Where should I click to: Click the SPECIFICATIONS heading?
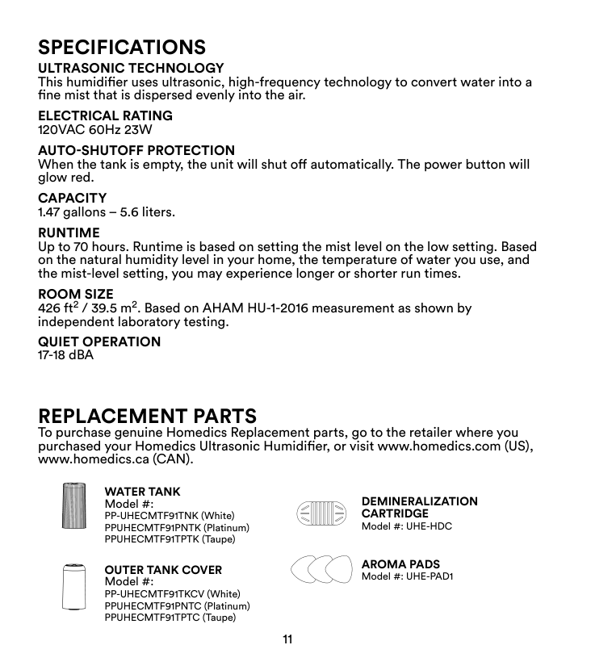pyautogui.click(x=122, y=45)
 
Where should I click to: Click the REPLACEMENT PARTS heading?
pyautogui.click(x=148, y=417)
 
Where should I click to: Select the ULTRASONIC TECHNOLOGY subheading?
pyautogui.click(x=132, y=68)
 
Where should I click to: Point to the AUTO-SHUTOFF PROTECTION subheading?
pyautogui.click(x=137, y=151)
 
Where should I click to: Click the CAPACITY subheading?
pyautogui.click(x=73, y=199)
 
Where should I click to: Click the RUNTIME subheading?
pyautogui.click(x=69, y=233)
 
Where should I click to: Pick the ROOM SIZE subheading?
pyautogui.click(x=76, y=295)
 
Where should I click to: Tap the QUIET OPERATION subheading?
pyautogui.click(x=100, y=342)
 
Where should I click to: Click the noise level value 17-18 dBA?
pyautogui.click(x=66, y=355)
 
